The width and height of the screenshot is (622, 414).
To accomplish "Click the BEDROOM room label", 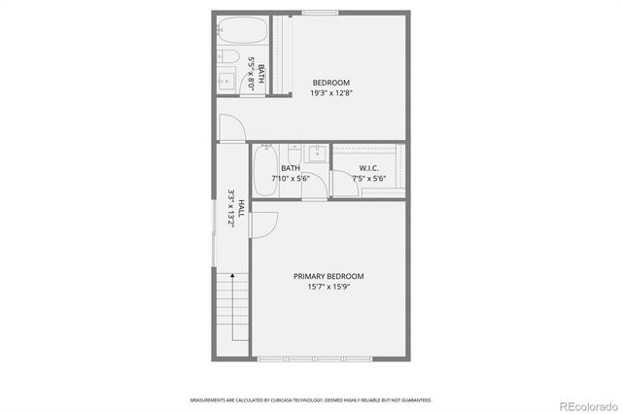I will click(x=330, y=83).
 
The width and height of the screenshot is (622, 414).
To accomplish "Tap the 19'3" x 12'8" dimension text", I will click(x=330, y=93).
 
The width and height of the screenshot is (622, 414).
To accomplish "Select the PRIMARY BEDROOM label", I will click(x=328, y=276).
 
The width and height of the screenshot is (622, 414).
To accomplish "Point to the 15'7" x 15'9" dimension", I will click(x=328, y=287).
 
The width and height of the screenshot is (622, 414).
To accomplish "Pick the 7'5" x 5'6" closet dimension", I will click(x=369, y=178).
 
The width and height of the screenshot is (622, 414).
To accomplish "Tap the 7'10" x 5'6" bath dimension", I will click(x=291, y=178).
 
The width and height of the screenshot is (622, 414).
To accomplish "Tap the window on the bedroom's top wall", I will click(x=320, y=13).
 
